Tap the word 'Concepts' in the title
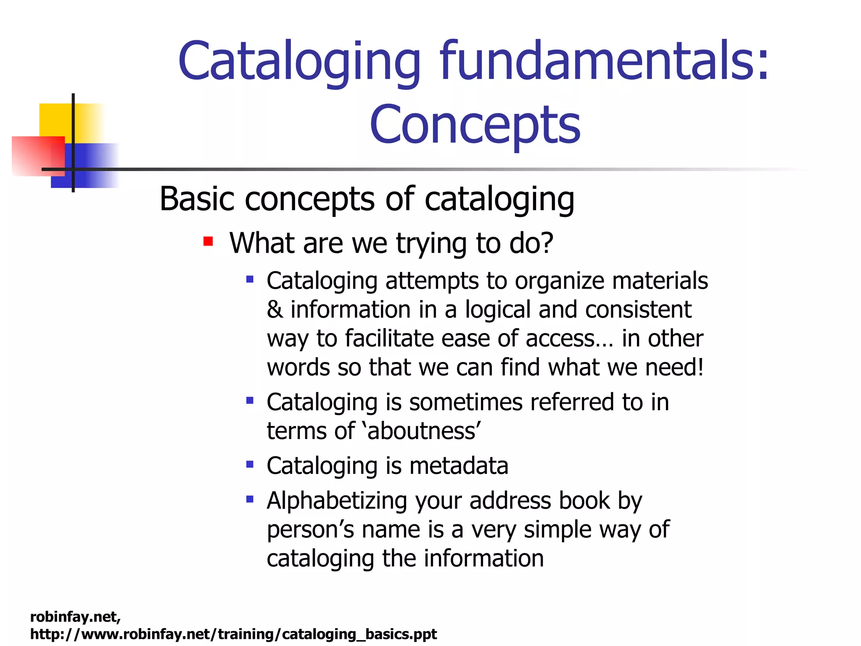[x=475, y=125]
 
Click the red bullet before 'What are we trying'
[x=208, y=242]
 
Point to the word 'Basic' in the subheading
[x=197, y=199]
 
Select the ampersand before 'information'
[x=275, y=310]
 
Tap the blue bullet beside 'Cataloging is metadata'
[x=250, y=465]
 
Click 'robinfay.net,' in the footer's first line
[x=76, y=617]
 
